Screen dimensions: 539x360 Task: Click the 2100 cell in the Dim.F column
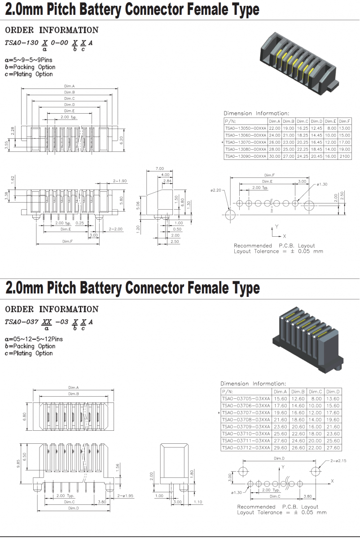click(x=345, y=156)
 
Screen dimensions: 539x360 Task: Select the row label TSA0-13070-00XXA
click(x=246, y=142)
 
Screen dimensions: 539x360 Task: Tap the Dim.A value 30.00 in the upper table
click(x=274, y=156)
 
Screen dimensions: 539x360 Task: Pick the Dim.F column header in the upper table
click(x=345, y=121)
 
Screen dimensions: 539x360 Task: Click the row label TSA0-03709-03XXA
click(x=246, y=427)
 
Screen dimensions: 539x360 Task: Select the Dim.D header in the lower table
click(x=333, y=392)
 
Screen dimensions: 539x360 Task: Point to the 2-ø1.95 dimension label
click(x=126, y=496)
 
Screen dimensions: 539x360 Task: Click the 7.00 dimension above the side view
click(x=159, y=168)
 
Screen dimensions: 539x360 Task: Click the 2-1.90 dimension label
click(x=120, y=181)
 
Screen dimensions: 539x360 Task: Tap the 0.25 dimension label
click(x=80, y=223)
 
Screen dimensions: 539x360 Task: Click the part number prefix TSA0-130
click(x=21, y=43)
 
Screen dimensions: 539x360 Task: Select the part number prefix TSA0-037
click(x=21, y=322)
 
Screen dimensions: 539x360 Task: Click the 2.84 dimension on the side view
click(x=167, y=181)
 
